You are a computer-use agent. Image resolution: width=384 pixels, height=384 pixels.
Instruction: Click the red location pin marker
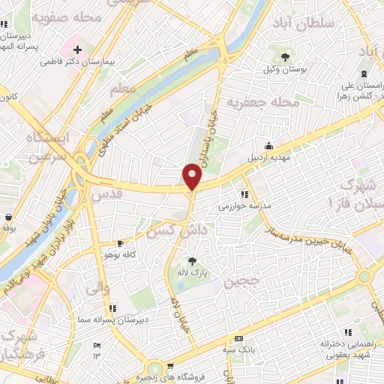pyautogui.click(x=193, y=175)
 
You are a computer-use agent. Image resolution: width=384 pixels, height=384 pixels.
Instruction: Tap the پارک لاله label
pyautogui.click(x=193, y=274)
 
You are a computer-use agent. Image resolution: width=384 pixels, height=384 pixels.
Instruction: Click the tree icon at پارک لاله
pyautogui.click(x=193, y=261)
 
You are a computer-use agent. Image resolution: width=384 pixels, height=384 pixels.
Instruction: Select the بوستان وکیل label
pyautogui.click(x=284, y=70)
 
